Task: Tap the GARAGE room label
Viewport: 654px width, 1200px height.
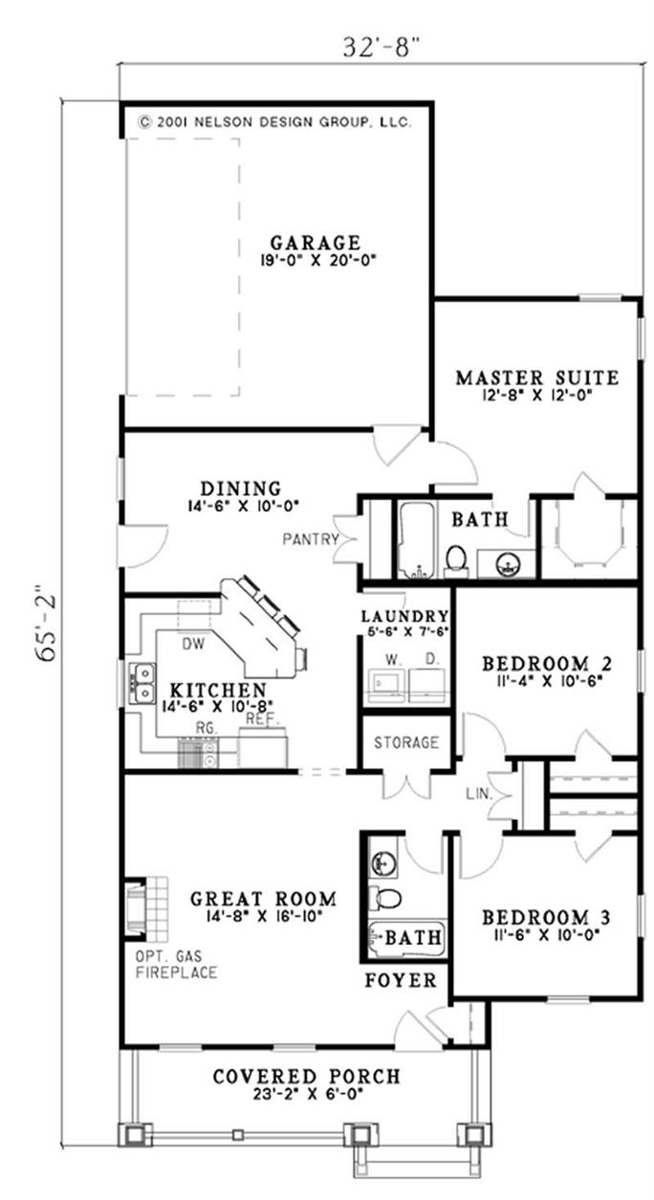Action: click(x=315, y=243)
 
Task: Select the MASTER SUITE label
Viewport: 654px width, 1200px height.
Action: click(x=535, y=377)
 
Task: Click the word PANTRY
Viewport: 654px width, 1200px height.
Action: click(x=311, y=539)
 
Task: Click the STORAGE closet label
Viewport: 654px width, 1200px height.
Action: click(x=405, y=742)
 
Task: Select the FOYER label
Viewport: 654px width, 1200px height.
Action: click(x=401, y=980)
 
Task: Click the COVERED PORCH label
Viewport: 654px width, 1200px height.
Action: click(x=306, y=1077)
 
